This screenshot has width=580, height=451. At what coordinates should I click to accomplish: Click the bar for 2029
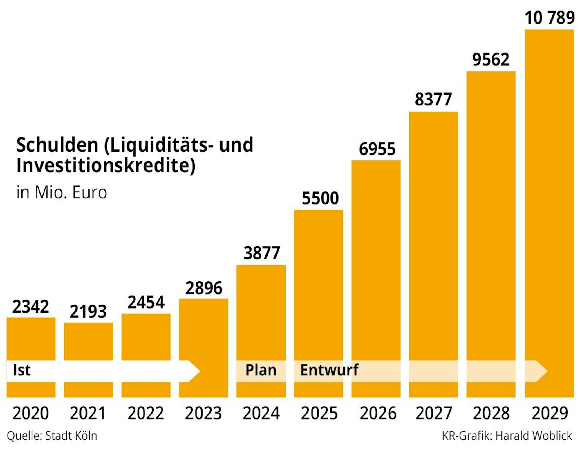pyautogui.click(x=549, y=203)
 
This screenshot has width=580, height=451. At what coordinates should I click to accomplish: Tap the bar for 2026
pyautogui.click(x=376, y=262)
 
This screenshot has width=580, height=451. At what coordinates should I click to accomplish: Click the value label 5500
pyautogui.click(x=320, y=198)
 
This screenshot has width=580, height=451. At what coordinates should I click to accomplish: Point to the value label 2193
pyautogui.click(x=88, y=312)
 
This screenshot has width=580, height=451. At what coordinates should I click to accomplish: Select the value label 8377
pyautogui.click(x=433, y=99)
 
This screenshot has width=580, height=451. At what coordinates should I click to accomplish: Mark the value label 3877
pyautogui.click(x=261, y=253)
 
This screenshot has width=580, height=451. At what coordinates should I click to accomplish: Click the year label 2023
pyautogui.click(x=203, y=413)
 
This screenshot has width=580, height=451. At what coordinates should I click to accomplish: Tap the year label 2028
pyautogui.click(x=491, y=413)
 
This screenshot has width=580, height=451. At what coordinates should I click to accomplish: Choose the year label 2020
pyautogui.click(x=30, y=413)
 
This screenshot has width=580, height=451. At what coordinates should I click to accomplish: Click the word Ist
pyautogui.click(x=22, y=370)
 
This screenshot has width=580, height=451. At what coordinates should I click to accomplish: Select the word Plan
pyautogui.click(x=261, y=370)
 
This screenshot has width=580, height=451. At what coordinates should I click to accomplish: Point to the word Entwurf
pyautogui.click(x=329, y=370)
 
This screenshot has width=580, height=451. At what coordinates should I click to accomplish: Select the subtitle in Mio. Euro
pyautogui.click(x=62, y=192)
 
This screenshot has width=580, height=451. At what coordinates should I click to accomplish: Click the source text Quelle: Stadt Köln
pyautogui.click(x=52, y=436)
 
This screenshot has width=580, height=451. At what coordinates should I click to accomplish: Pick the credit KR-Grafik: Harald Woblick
pyautogui.click(x=507, y=436)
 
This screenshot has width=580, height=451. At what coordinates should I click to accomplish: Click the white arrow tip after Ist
pyautogui.click(x=194, y=371)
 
